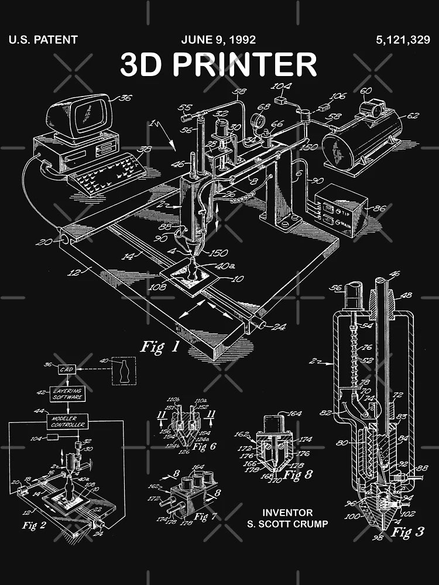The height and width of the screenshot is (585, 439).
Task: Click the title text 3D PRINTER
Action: point(218,64)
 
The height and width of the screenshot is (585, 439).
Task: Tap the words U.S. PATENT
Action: point(43,40)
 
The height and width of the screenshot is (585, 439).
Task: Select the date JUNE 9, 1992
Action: point(218,40)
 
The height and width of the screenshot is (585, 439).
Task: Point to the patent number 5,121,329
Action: point(403,40)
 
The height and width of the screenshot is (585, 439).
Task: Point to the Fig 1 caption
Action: point(159,347)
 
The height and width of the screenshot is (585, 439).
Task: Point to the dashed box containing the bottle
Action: point(124,371)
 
